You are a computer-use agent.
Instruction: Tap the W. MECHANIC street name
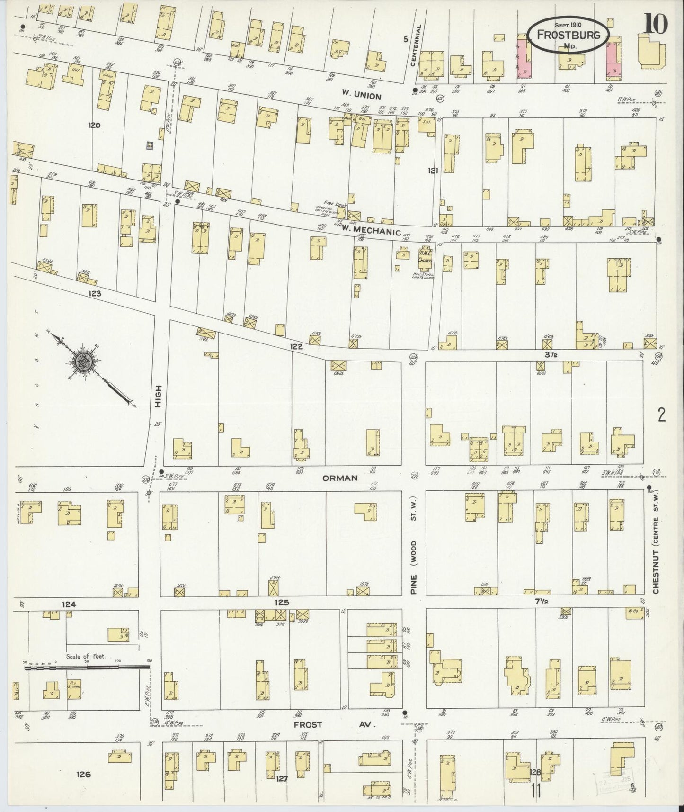[372, 232]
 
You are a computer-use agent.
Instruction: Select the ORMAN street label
[339, 478]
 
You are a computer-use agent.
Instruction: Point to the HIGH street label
[159, 397]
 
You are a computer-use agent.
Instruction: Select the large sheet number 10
[655, 23]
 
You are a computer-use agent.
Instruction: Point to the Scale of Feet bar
[87, 667]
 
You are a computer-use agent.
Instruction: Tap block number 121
[432, 170]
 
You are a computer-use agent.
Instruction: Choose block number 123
[95, 294]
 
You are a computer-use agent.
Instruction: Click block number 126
[83, 775]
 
